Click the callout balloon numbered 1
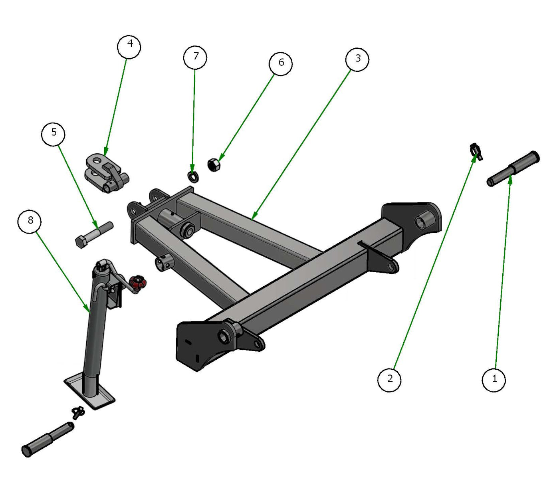click(x=494, y=379)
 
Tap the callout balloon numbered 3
click(x=357, y=59)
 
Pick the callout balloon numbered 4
click(x=129, y=47)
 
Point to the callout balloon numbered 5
click(x=54, y=133)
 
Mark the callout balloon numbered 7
click(x=195, y=57)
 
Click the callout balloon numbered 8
click(x=30, y=221)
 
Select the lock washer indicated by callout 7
click(x=193, y=176)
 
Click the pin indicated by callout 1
click(x=513, y=168)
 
